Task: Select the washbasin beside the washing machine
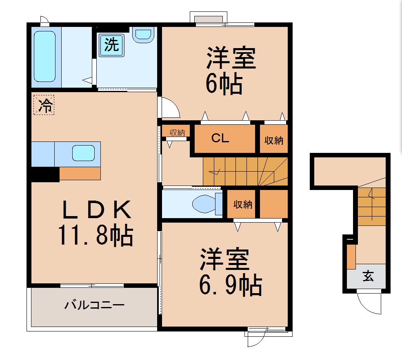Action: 143,34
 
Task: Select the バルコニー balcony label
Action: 94,305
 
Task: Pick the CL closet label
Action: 220,139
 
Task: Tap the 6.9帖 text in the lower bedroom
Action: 230,285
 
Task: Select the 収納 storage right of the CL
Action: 273,140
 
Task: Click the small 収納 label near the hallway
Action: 177,132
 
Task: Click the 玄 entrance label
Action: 368,277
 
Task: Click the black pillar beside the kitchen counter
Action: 44,174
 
